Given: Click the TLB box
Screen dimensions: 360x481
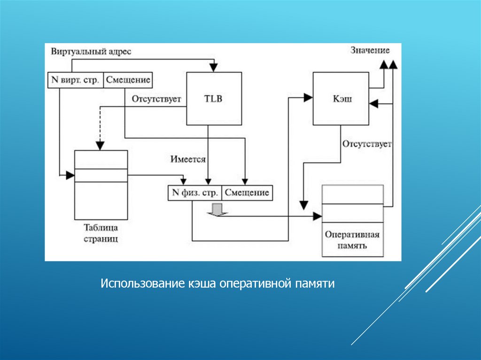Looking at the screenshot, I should point(214,99).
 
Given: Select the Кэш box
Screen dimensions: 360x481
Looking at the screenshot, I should point(341,99).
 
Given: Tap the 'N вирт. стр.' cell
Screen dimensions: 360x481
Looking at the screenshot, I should point(75,80).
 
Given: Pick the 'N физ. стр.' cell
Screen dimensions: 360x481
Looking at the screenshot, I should point(194,193).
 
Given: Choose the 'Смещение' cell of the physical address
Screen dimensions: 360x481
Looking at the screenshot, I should point(247,193).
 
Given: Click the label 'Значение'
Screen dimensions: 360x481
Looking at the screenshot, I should point(370,50).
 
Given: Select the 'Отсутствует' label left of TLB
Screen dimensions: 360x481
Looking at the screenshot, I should point(156,100).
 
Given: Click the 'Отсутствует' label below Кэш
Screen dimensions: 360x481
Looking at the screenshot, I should point(367,144).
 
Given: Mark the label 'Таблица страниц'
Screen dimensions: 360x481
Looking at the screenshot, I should point(101,233).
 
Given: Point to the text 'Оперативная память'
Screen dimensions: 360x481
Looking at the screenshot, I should point(352,240).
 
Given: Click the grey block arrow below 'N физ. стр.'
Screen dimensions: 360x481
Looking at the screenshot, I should point(217,209).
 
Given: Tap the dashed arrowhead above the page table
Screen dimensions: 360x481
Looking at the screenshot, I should point(99,146).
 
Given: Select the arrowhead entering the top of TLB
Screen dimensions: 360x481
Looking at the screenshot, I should point(214,69).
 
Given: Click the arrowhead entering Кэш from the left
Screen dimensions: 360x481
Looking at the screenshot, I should point(309,98).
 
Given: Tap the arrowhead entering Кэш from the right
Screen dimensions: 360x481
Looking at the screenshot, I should point(374,103).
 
